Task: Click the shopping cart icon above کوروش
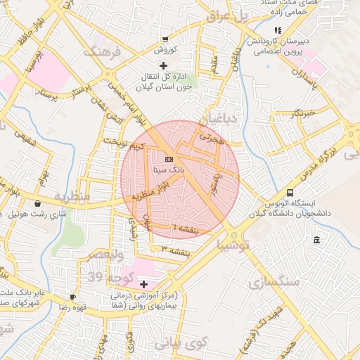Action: (165, 40)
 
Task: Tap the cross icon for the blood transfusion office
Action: (164, 65)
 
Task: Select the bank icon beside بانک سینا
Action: (169, 160)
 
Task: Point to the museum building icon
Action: (316, 241)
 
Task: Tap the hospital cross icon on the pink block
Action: (144, 284)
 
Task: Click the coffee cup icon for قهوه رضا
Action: (73, 297)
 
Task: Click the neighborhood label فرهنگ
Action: (103, 52)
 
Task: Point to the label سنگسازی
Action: (274, 281)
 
